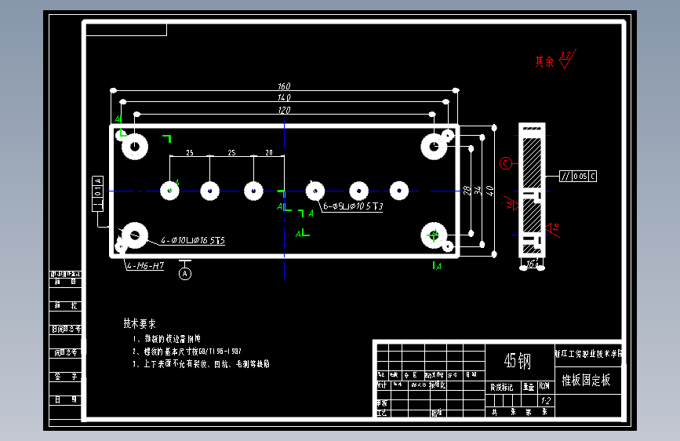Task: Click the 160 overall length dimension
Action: (x=284, y=86)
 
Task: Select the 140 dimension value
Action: (x=284, y=97)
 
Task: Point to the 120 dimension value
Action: (x=284, y=111)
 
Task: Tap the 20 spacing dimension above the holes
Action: (x=269, y=152)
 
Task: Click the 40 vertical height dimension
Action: (x=489, y=190)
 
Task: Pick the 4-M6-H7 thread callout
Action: (x=147, y=266)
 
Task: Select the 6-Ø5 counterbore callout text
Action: (x=353, y=207)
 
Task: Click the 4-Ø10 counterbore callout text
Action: (x=193, y=241)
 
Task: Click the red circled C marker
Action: (x=506, y=163)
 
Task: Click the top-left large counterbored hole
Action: (x=135, y=147)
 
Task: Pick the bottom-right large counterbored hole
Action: (x=433, y=234)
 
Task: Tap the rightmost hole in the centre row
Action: (x=399, y=190)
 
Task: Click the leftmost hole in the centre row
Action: (x=170, y=190)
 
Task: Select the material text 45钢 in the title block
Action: (x=518, y=361)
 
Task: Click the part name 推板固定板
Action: (x=586, y=381)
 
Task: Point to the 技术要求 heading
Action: (x=140, y=323)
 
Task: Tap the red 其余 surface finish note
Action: (x=544, y=61)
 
